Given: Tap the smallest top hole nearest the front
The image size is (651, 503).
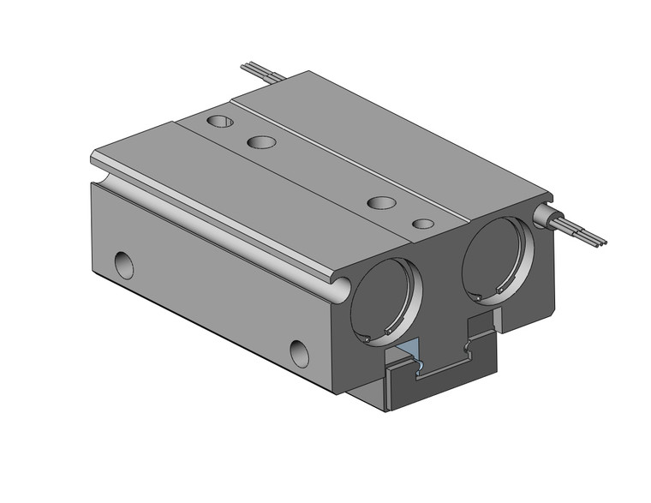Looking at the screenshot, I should click(x=422, y=224).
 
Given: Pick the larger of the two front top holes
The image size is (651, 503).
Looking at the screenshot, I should click(x=381, y=203).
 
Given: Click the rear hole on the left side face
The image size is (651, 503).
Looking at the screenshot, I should click(x=125, y=262).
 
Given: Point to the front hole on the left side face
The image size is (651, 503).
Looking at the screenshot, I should click(x=299, y=351).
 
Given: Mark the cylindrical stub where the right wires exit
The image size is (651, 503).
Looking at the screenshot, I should click(x=546, y=215).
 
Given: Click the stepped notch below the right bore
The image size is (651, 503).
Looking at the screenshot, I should click(x=481, y=330).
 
